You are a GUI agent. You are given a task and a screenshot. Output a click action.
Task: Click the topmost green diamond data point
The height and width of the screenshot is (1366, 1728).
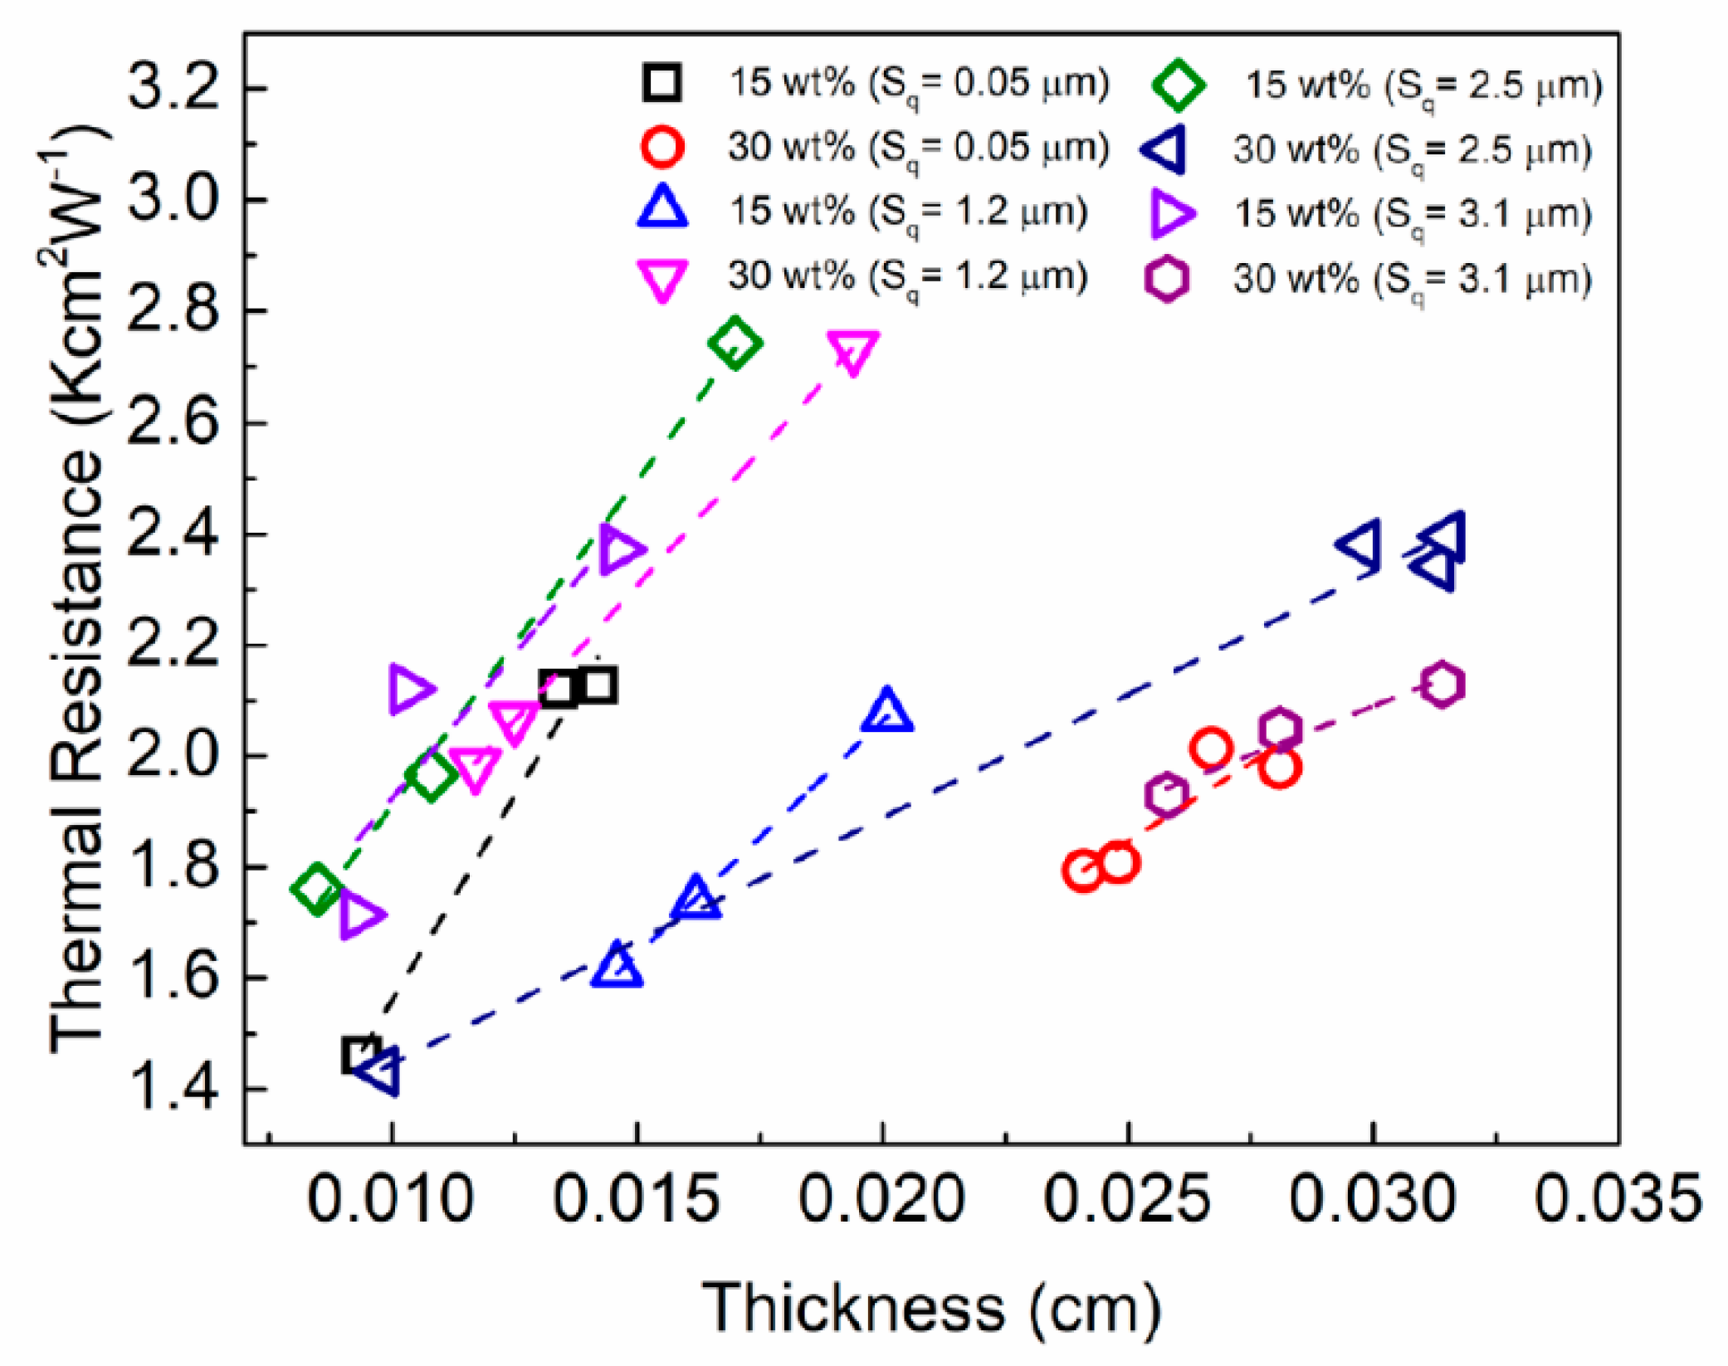pyautogui.click(x=735, y=343)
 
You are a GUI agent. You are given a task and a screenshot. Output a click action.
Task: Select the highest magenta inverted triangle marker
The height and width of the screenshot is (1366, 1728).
pyautogui.click(x=852, y=352)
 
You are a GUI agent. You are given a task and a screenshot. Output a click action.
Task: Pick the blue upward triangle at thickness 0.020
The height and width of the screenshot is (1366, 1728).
pyautogui.click(x=887, y=711)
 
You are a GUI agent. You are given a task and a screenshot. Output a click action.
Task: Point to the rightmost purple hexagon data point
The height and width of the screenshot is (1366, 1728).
pyautogui.click(x=1442, y=685)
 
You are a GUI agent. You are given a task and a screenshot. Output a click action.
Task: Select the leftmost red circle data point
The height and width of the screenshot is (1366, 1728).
pyautogui.click(x=1082, y=871)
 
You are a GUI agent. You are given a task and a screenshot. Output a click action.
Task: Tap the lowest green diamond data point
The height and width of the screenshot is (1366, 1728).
pyautogui.click(x=317, y=889)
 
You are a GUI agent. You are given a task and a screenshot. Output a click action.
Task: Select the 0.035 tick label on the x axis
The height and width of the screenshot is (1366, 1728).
pyautogui.click(x=1618, y=1199)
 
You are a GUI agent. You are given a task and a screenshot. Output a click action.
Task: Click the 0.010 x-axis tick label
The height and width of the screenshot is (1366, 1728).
pyautogui.click(x=390, y=1199)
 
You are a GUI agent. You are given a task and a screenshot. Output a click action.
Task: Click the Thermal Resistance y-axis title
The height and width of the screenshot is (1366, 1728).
pyautogui.click(x=76, y=589)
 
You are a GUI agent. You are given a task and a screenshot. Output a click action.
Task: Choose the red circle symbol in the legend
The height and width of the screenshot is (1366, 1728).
pyautogui.click(x=663, y=147)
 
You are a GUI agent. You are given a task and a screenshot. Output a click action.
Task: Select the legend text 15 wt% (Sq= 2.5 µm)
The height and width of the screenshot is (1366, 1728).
pyautogui.click(x=1423, y=85)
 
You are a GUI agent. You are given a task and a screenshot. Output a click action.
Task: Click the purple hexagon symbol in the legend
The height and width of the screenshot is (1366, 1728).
pyautogui.click(x=1168, y=279)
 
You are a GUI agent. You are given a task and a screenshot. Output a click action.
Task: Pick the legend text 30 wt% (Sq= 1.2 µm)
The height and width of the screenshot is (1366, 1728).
pyautogui.click(x=907, y=276)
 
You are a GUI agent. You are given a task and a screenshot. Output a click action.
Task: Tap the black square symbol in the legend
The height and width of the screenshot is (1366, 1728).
pyautogui.click(x=663, y=83)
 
